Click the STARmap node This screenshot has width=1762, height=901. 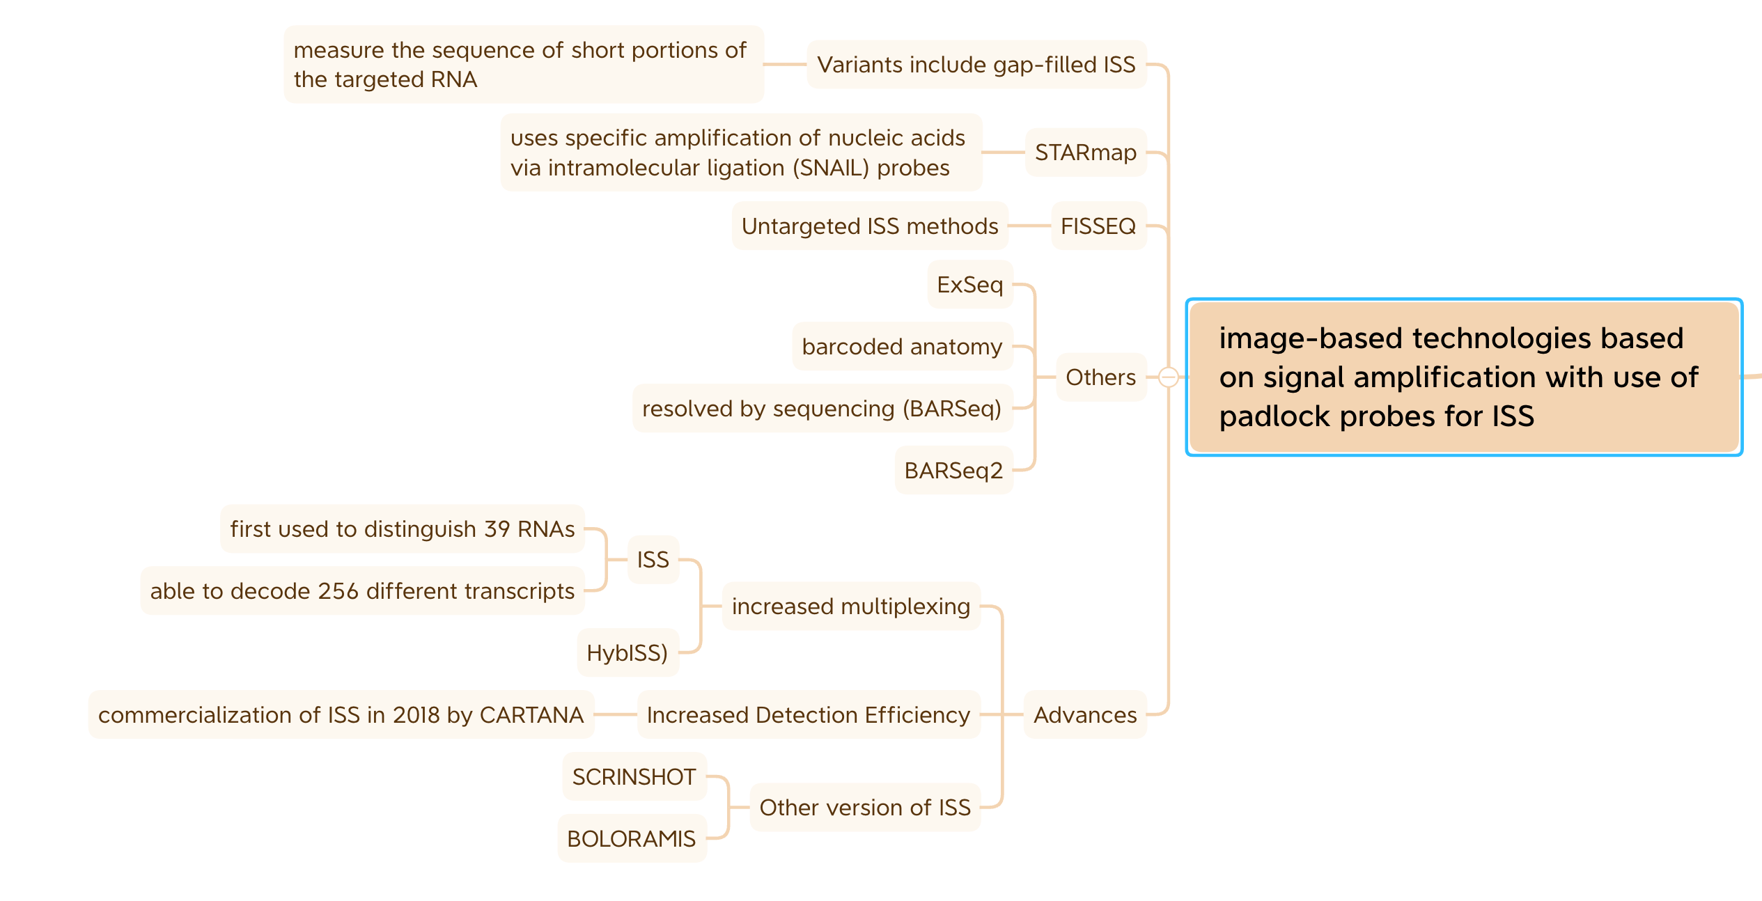point(1085,152)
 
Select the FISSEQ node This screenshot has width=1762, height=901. point(1098,226)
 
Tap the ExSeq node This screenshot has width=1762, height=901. point(969,285)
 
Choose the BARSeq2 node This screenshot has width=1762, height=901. point(953,471)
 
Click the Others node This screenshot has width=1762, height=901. point(1100,377)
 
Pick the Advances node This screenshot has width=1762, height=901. point(1084,715)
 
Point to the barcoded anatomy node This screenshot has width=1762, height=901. point(902,347)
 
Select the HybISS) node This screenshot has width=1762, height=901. point(627,653)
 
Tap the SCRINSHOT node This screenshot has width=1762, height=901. point(634,777)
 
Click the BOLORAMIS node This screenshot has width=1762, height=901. point(631,839)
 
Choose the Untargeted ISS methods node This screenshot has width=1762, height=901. point(869,226)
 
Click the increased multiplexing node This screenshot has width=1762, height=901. point(850,606)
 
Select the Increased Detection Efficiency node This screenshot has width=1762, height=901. point(808,715)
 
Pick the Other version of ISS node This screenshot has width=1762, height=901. point(864,808)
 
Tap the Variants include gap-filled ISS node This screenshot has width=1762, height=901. point(976,65)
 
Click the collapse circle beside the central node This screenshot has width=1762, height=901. point(1169,377)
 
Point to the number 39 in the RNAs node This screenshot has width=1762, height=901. point(497,529)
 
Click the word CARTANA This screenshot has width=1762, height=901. point(531,715)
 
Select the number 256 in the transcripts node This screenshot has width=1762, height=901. point(338,591)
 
